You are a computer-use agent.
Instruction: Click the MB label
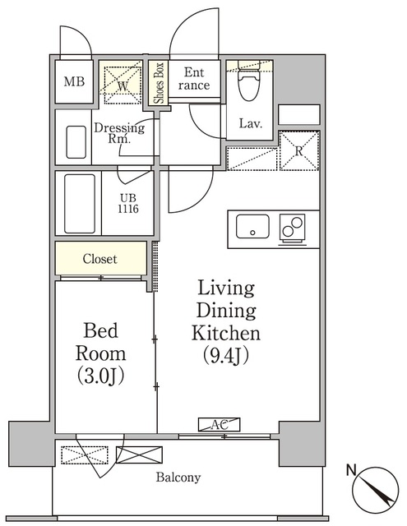click(x=74, y=81)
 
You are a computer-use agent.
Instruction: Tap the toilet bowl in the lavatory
click(x=249, y=81)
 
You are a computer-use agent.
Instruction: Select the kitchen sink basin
click(x=252, y=227)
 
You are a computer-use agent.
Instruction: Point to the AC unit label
click(x=219, y=425)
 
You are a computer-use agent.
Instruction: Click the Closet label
click(x=100, y=259)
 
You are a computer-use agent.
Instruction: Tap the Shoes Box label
click(x=159, y=83)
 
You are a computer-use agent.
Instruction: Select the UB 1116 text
click(x=127, y=204)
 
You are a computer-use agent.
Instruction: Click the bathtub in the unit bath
click(x=80, y=203)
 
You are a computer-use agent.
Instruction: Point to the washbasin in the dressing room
click(x=76, y=142)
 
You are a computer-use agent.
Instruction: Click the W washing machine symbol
click(x=123, y=85)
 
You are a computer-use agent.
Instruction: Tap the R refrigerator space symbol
click(x=299, y=150)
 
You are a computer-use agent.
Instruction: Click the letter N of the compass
click(x=351, y=470)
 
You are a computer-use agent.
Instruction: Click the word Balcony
click(x=178, y=478)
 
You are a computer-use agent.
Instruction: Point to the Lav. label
click(x=250, y=124)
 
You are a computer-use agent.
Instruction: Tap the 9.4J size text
click(x=226, y=355)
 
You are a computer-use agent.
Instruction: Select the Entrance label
click(x=194, y=79)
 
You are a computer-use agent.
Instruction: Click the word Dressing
click(x=119, y=128)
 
